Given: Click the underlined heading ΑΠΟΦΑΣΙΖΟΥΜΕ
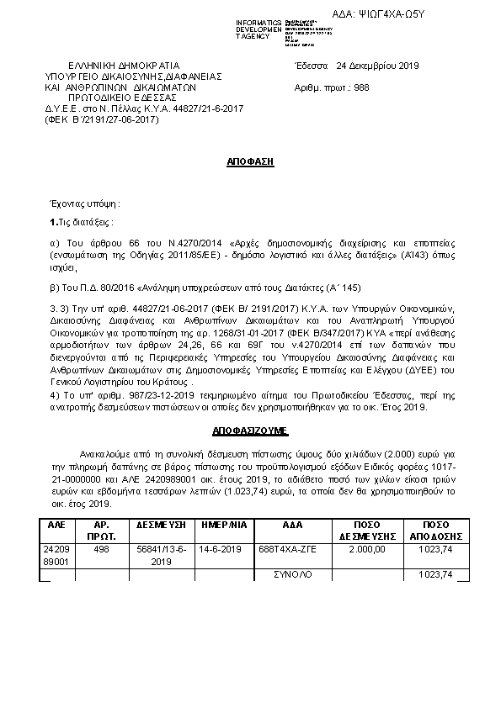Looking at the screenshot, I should click(250, 431).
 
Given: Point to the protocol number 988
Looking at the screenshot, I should click(361, 87).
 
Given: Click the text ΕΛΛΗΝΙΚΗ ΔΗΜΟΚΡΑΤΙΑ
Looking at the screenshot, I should click(124, 66).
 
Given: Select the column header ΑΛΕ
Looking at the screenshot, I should click(56, 524).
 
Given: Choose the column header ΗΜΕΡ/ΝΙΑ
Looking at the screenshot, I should click(221, 524).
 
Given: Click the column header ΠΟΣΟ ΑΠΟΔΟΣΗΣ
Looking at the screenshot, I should click(429, 529).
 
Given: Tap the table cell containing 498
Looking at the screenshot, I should click(102, 549).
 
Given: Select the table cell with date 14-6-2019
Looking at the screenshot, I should click(221, 549).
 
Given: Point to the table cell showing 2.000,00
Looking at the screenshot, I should click(368, 549).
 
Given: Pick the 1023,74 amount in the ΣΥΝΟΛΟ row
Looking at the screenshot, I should click(437, 574).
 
